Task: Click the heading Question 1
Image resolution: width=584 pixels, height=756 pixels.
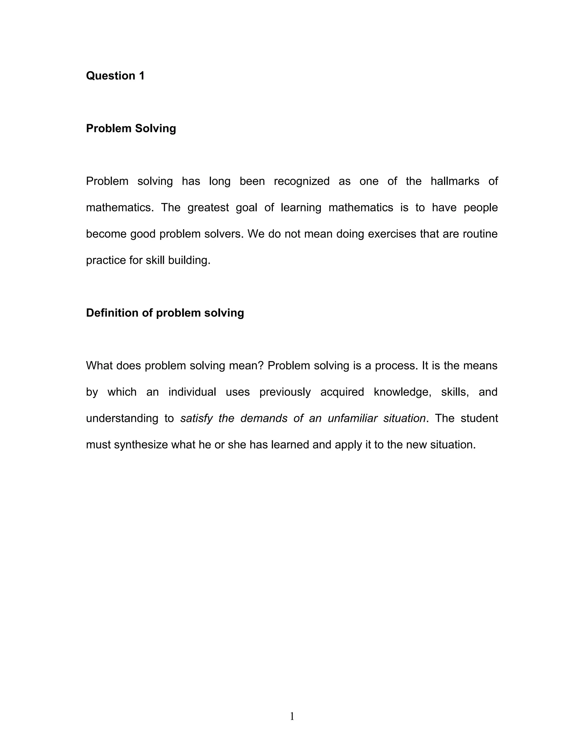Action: (x=115, y=76)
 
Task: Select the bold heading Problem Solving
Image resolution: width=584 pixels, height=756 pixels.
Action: (x=131, y=128)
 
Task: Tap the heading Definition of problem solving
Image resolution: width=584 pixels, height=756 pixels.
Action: (x=165, y=313)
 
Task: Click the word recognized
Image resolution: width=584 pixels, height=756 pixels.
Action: (x=302, y=181)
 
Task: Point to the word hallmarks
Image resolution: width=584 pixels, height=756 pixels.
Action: (x=455, y=181)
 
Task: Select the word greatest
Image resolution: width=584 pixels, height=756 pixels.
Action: (x=208, y=208)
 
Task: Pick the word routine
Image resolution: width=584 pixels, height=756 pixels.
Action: (x=480, y=234)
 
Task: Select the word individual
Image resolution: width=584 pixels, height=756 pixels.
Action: (x=192, y=392)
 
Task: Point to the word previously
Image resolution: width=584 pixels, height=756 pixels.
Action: (x=285, y=392)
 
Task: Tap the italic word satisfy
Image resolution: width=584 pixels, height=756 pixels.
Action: (x=196, y=419)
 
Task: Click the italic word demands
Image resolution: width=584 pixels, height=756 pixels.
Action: (x=264, y=419)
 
